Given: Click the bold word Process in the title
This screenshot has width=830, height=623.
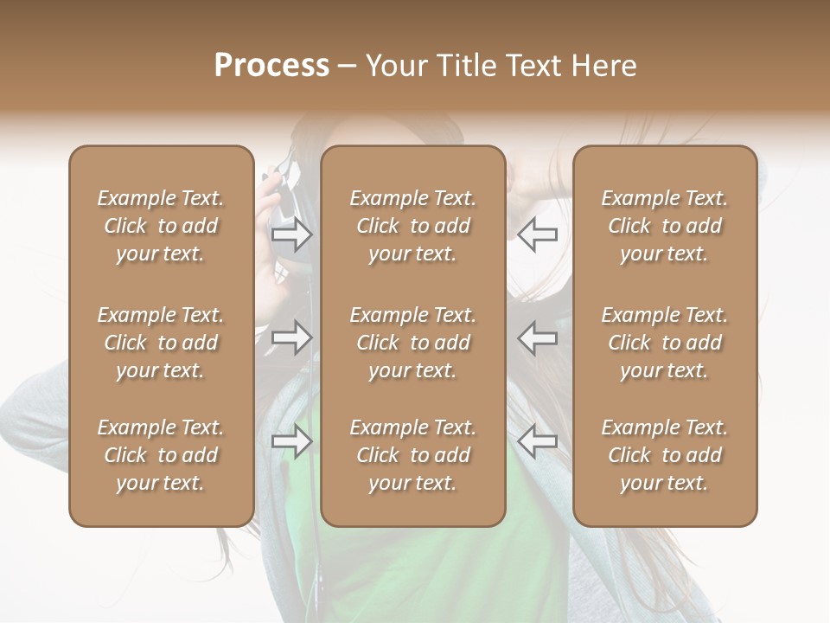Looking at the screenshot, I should coord(271,66).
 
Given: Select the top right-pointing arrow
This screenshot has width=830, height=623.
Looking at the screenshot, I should coord(292,234).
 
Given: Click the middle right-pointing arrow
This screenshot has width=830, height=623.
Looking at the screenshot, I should coord(292,337).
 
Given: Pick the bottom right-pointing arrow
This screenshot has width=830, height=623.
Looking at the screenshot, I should coord(292,441).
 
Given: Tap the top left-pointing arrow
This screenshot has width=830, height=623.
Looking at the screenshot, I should coord(537,234).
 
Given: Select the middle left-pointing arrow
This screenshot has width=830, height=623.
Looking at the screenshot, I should coord(537,337).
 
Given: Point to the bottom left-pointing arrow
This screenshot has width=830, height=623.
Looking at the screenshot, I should coord(537,441).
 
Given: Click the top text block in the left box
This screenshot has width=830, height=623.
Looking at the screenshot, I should coord(161,226).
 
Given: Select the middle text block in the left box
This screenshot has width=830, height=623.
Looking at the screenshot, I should coord(161,343).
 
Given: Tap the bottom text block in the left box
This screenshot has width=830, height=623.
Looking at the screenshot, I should coord(161,455).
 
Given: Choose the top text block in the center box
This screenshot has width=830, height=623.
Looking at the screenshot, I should coord(412,226).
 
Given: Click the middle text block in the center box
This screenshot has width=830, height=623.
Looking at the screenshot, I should coord(412,343).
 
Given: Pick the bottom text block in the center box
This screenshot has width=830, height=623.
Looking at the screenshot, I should coord(412,455).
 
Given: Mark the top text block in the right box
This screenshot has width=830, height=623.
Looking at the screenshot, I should coord(664,226).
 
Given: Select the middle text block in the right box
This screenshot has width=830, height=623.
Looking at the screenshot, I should coord(664,343).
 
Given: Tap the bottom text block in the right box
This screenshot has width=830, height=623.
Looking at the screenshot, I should coord(664,455).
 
